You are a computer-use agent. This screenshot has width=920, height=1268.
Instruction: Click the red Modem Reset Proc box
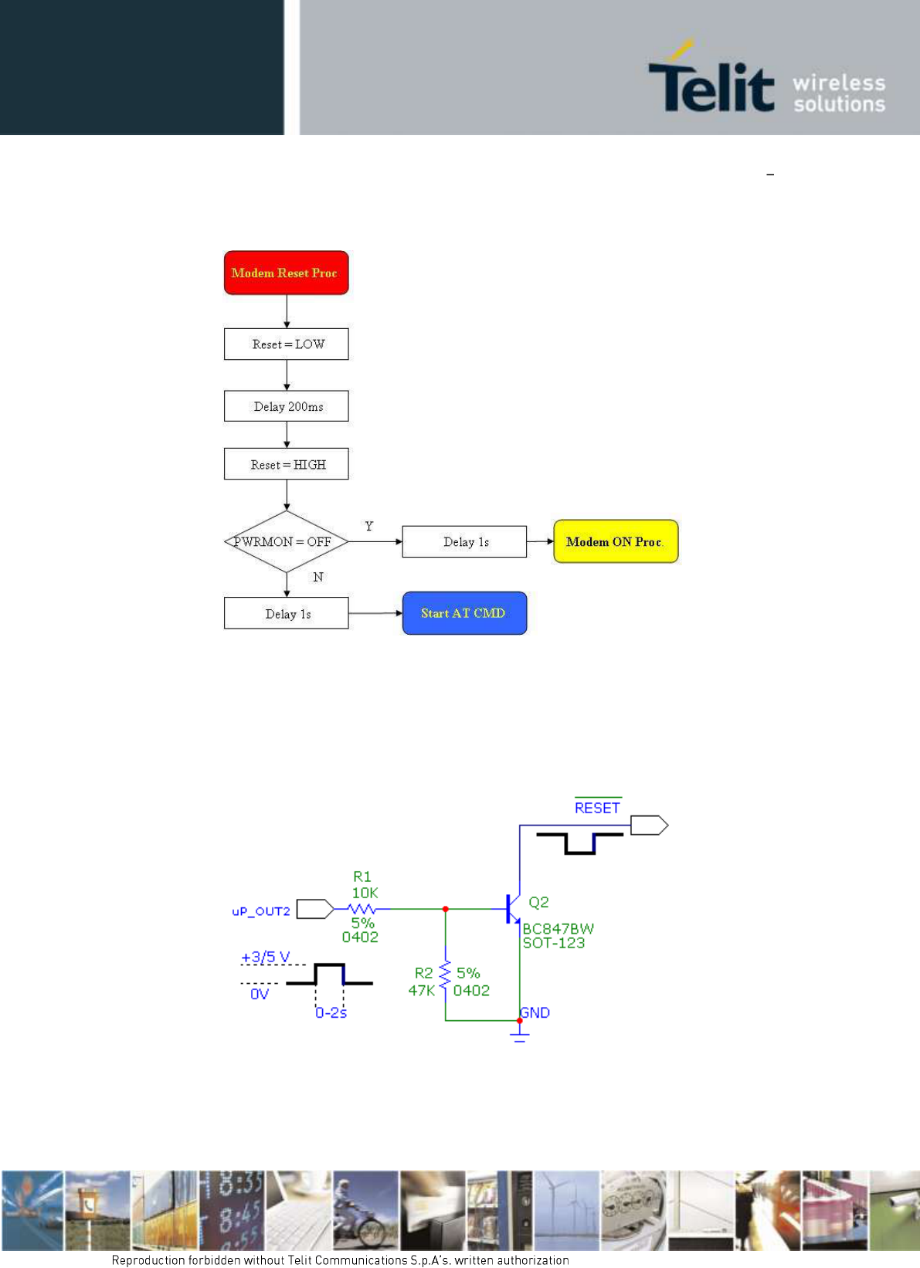(286, 273)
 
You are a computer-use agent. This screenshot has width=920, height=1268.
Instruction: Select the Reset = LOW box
(286, 344)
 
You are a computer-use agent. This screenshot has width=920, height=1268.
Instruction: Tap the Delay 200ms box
(286, 406)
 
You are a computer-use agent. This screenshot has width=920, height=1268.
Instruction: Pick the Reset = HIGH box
(286, 463)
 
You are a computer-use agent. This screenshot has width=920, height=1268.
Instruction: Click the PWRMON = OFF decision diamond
(286, 542)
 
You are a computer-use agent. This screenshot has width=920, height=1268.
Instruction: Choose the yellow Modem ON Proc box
(616, 541)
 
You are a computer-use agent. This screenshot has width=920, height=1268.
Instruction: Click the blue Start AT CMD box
(464, 613)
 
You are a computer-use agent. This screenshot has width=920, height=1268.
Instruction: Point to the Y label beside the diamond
(369, 526)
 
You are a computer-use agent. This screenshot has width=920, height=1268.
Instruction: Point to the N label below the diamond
(318, 577)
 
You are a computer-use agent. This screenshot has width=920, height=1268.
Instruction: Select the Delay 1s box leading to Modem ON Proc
(464, 542)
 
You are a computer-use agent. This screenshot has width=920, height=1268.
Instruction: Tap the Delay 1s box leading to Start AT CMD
(286, 613)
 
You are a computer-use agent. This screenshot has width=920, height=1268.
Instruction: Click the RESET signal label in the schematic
(597, 808)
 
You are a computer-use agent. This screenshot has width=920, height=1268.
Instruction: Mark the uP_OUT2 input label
(261, 911)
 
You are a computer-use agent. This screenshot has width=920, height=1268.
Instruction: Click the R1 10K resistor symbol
(362, 909)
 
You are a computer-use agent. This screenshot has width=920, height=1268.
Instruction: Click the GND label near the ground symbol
(535, 1012)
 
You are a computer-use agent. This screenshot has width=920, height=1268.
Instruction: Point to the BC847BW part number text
(558, 929)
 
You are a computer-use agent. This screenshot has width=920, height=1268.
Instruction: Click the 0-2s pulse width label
(331, 1012)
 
